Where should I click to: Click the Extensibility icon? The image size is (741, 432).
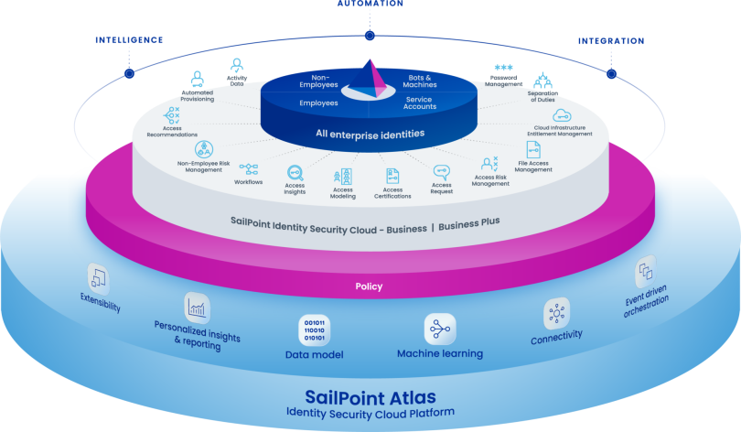[99, 276]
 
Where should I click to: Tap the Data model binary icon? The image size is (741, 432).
[314, 329]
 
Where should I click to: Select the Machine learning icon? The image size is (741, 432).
[439, 329]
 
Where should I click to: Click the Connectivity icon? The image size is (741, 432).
[555, 313]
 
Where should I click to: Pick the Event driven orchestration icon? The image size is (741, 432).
[646, 270]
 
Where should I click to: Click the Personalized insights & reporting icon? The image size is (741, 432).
[198, 307]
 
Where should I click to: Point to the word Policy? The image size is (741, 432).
[369, 286]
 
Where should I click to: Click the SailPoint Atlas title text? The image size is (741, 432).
[370, 397]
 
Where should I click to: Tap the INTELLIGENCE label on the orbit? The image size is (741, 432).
[129, 40]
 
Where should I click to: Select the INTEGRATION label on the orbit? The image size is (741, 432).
[610, 41]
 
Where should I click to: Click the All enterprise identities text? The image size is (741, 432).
[370, 134]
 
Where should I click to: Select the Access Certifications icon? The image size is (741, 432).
[392, 175]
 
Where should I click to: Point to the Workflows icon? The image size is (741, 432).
[248, 168]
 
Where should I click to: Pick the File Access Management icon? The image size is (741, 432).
[533, 148]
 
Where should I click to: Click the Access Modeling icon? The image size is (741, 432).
[344, 176]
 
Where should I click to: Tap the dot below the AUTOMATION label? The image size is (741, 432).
[370, 36]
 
